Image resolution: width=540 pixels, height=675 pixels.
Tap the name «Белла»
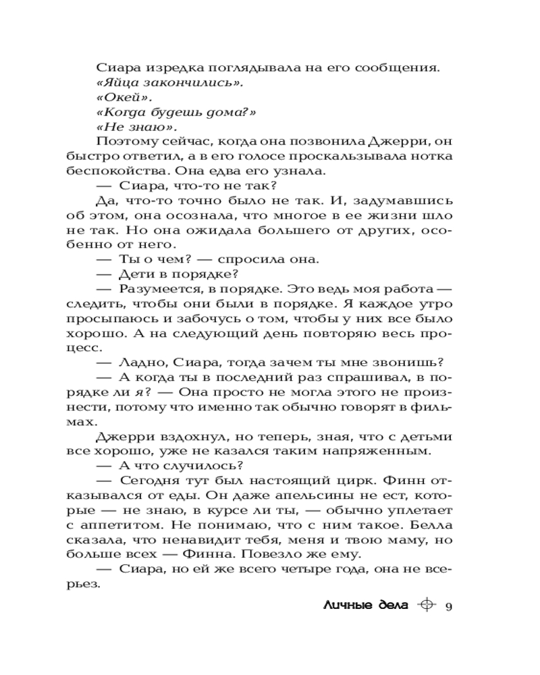point(435,526)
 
